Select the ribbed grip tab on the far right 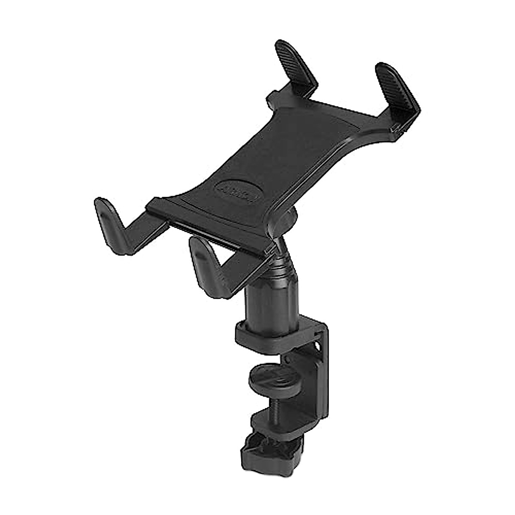tap(397, 86)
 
